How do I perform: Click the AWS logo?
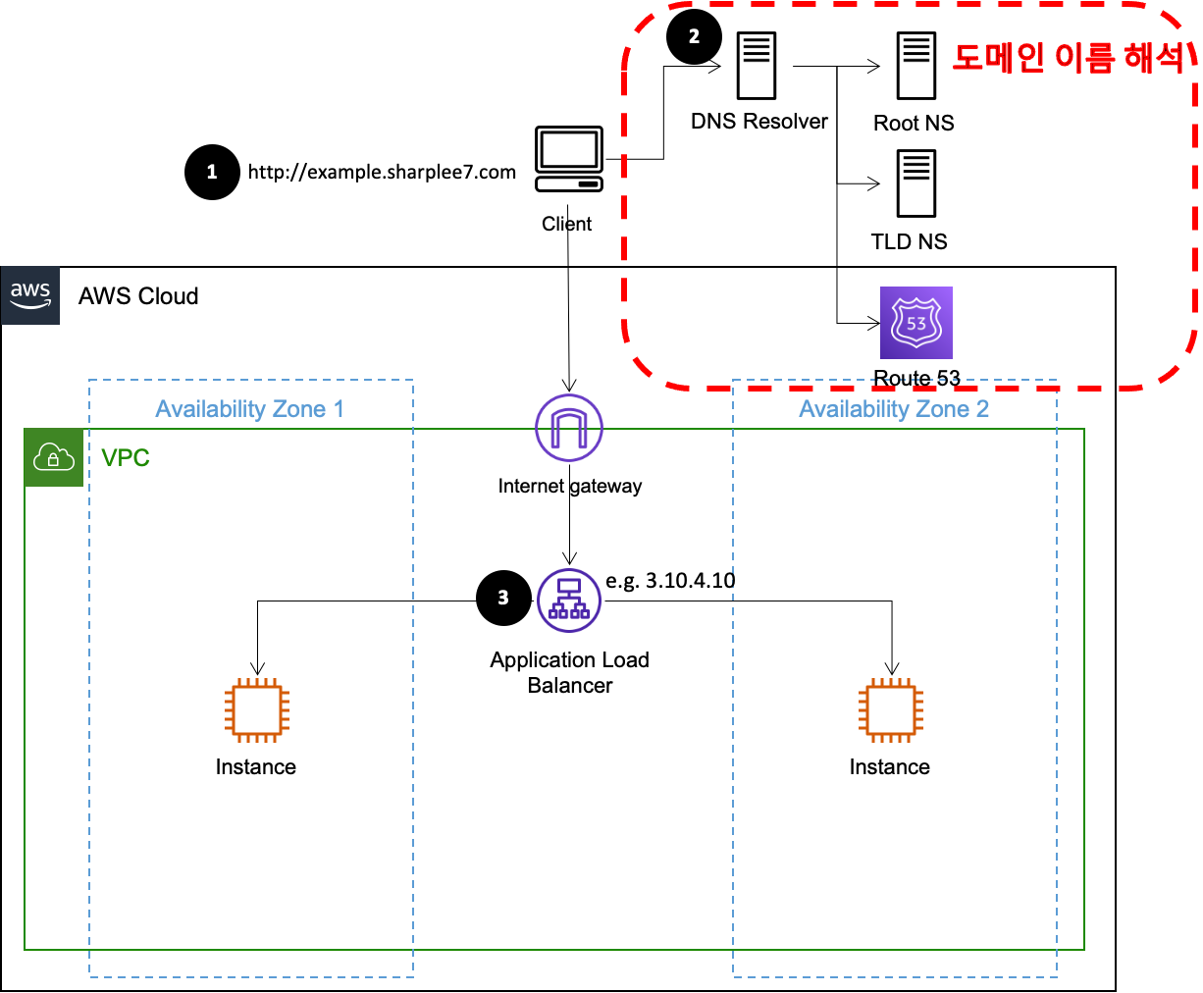tap(30, 294)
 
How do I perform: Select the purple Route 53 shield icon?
tap(916, 323)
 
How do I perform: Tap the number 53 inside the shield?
tap(916, 324)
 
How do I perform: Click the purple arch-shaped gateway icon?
tap(569, 428)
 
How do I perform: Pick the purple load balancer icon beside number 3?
tap(569, 601)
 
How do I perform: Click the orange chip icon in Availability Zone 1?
tap(257, 709)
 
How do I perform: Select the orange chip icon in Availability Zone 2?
tap(891, 709)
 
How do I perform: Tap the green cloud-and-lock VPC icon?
tap(54, 457)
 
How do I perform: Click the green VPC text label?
tap(126, 458)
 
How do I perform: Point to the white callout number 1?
tap(212, 173)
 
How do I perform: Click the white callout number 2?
tap(695, 37)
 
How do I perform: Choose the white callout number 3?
tap(503, 598)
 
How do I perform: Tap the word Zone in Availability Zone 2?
tap(943, 409)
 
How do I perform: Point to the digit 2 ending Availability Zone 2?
tap(983, 409)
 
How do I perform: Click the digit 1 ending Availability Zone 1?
tap(340, 409)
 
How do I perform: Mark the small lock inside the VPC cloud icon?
tap(54, 460)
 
